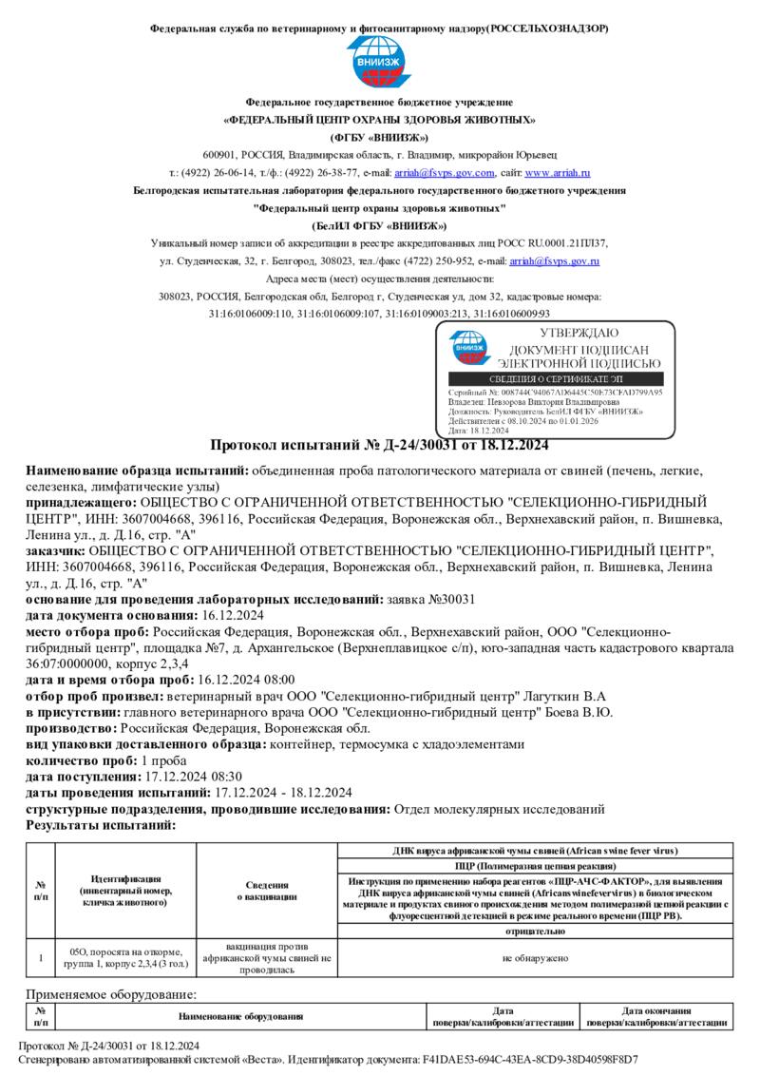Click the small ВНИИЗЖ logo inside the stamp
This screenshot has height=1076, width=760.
(467, 347)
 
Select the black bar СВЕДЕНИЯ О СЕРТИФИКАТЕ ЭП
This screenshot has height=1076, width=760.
(555, 378)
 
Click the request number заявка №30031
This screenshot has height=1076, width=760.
(432, 599)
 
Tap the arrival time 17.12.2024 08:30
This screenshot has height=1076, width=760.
(181, 777)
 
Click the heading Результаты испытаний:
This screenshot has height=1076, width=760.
(101, 825)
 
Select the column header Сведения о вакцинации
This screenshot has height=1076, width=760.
(266, 891)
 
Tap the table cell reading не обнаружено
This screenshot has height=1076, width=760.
(535, 958)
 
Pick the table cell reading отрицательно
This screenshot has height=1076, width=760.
(535, 932)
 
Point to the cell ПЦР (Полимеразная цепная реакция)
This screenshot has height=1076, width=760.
(535, 866)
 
